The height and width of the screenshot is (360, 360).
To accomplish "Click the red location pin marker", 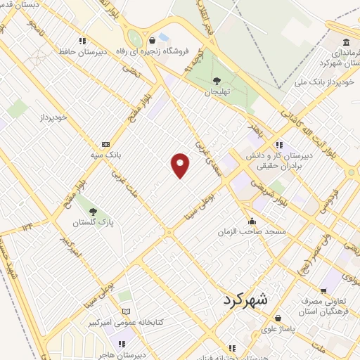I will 181,165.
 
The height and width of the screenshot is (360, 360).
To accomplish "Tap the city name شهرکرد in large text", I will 245,299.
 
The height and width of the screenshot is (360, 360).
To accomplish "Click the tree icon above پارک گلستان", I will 93,210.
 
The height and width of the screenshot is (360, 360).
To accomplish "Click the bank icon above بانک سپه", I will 105,143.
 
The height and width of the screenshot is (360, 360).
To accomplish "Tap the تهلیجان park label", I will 217,92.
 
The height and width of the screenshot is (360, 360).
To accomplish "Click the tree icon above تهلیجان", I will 217,81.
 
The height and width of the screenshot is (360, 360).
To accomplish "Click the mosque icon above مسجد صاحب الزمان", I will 252,221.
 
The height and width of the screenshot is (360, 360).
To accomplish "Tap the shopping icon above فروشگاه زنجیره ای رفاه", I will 152,40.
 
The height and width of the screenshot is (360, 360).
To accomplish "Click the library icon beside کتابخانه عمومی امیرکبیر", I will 127,311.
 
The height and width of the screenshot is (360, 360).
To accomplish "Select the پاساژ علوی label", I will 259,328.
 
